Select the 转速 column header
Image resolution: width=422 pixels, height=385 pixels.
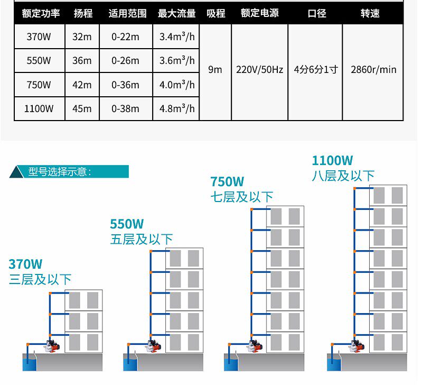[370, 14]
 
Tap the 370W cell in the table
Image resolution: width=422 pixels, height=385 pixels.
[39, 36]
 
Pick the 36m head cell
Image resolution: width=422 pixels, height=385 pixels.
[82, 61]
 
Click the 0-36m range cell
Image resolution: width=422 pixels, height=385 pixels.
[126, 85]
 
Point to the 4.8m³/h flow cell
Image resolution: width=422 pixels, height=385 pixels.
[177, 109]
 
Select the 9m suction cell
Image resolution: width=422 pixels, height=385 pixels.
[215, 70]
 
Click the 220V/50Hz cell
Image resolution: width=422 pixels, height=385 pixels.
[259, 70]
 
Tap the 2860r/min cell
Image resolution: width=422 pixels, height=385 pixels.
[373, 70]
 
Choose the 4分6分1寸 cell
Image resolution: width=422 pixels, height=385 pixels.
[315, 70]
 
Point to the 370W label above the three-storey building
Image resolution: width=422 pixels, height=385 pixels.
[25, 264]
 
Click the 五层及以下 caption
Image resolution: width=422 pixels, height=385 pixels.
[141, 239]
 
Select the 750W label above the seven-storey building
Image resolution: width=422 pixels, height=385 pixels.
[227, 182]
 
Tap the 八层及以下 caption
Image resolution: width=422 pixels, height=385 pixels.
[343, 176]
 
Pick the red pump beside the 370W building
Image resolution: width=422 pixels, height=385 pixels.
[54, 346]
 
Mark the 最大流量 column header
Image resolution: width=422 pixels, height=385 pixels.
[177, 14]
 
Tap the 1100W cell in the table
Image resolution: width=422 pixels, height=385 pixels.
[39, 109]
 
